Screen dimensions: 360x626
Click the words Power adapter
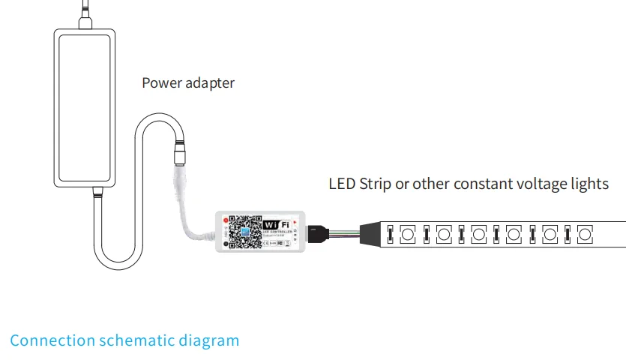[188, 83]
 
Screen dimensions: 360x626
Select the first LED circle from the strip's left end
[407, 234]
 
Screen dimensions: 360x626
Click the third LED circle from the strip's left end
[478, 234]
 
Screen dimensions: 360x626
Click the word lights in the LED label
[589, 184]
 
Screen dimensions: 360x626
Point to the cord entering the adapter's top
[85, 15]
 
